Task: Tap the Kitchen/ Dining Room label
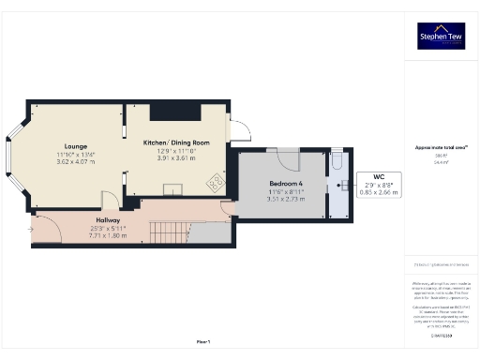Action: (x=175, y=142)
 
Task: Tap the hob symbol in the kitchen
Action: (x=216, y=181)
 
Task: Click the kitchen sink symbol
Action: (x=173, y=189)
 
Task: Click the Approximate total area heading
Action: (x=440, y=146)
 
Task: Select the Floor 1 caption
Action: (x=203, y=341)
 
